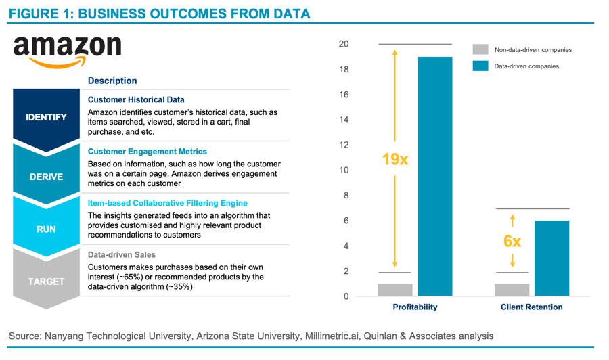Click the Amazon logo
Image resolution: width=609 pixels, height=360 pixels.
pyautogui.click(x=67, y=51)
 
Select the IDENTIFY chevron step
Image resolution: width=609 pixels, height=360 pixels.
pyautogui.click(x=46, y=117)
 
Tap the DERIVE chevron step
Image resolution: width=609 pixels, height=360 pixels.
pyautogui.click(x=46, y=177)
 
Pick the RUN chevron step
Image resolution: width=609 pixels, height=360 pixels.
pyautogui.click(x=46, y=229)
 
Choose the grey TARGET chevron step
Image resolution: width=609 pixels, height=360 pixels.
pyautogui.click(x=46, y=282)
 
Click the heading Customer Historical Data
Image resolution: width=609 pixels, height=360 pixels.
pyautogui.click(x=136, y=99)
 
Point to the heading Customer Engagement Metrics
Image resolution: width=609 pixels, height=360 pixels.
pyautogui.click(x=148, y=152)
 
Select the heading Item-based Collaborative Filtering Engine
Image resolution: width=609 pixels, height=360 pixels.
pyautogui.click(x=167, y=203)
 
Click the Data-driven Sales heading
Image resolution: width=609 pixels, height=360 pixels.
pyautogui.click(x=122, y=255)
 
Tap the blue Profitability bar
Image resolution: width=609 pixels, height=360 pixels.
pyautogui.click(x=434, y=176)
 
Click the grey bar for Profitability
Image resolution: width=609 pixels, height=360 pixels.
pyautogui.click(x=395, y=290)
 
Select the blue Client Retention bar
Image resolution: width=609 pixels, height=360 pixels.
pyautogui.click(x=551, y=258)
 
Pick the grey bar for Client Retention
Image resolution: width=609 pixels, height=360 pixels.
pyautogui.click(x=512, y=290)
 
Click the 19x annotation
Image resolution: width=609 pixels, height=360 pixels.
pyautogui.click(x=395, y=160)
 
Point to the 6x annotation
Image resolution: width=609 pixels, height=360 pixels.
pyautogui.click(x=512, y=241)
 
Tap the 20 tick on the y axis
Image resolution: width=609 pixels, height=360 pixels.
pyautogui.click(x=344, y=44)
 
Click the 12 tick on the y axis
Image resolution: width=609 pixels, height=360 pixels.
pyautogui.click(x=344, y=145)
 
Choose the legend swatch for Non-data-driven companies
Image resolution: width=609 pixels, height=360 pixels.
pyautogui.click(x=480, y=49)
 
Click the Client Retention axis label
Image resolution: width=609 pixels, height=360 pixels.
pyautogui.click(x=531, y=307)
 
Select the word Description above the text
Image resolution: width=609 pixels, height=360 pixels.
pyautogui.click(x=112, y=81)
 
